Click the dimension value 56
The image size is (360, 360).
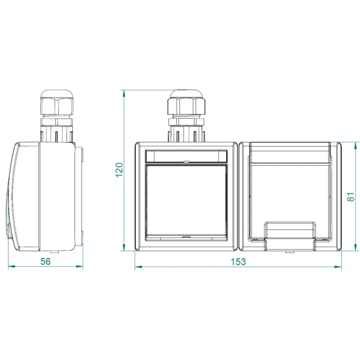(45, 261)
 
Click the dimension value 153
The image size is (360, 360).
(238, 262)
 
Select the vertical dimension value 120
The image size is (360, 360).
(119, 170)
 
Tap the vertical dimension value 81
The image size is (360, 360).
(351, 197)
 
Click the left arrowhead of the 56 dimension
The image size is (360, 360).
(11, 266)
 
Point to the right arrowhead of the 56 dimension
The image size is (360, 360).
(80, 266)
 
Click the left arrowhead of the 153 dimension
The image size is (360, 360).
(138, 267)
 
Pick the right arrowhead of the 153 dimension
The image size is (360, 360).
(338, 267)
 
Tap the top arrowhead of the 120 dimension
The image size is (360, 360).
(124, 94)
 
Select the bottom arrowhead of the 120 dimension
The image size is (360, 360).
(124, 247)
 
